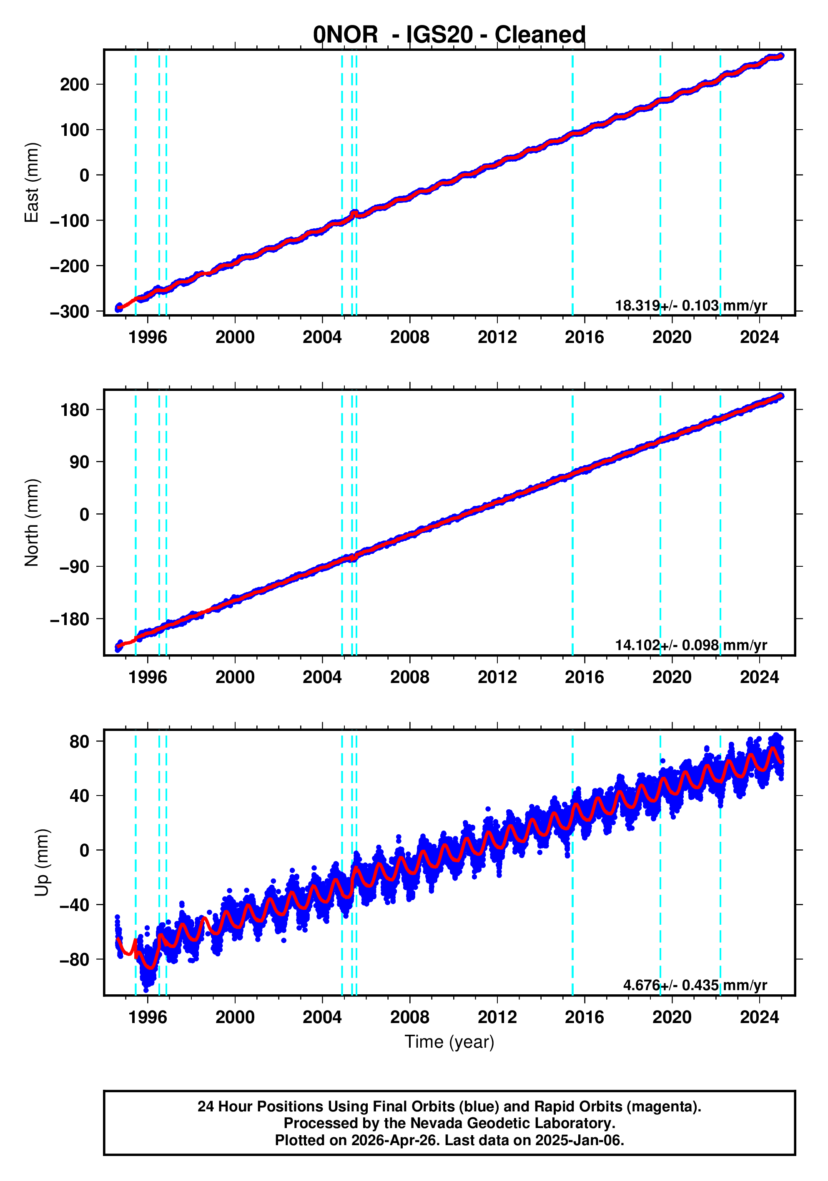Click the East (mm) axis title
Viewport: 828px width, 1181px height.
[x=32, y=183]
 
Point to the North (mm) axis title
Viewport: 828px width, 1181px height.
[x=32, y=523]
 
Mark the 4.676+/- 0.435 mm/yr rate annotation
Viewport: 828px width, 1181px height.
[x=695, y=985]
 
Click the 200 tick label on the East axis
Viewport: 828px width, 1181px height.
[x=75, y=84]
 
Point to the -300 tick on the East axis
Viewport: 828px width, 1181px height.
[x=70, y=312]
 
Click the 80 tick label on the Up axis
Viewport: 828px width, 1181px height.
[x=80, y=742]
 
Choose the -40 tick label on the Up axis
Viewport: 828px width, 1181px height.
[x=75, y=905]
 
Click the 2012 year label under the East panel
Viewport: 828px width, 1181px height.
[x=497, y=338]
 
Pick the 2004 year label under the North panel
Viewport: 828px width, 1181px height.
[x=322, y=678]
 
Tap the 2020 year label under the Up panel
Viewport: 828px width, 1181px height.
[x=672, y=1017]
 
